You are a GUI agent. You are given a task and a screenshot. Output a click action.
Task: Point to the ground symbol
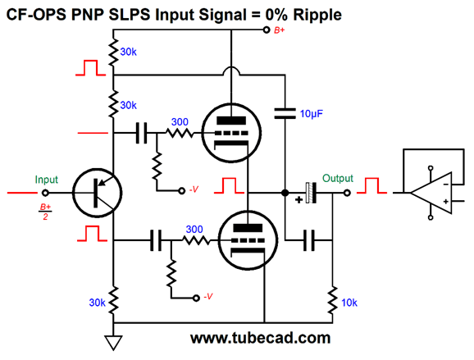[x=115, y=340]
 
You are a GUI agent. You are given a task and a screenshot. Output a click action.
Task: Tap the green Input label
[x=46, y=179]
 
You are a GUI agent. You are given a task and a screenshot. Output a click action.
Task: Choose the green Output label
[x=338, y=178]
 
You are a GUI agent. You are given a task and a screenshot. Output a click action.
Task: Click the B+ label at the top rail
[x=280, y=30]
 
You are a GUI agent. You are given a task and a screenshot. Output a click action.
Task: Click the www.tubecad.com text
[x=260, y=337]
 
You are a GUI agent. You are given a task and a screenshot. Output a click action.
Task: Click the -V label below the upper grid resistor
[x=194, y=189]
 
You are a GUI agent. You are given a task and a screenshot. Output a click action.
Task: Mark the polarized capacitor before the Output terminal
[x=309, y=194]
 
